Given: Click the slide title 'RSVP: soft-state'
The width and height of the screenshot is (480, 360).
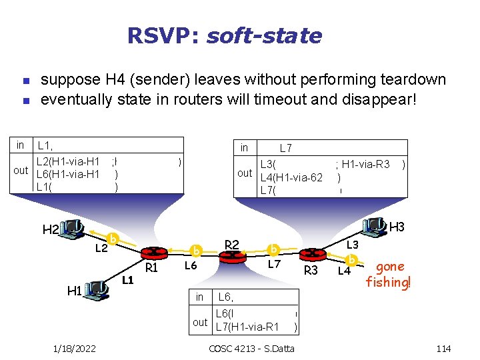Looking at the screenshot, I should (x=225, y=35).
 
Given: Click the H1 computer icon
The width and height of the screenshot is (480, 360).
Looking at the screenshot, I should (x=97, y=289).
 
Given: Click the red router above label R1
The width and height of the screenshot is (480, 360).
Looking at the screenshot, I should (x=150, y=253).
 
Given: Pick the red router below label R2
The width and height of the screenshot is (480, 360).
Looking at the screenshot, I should (x=233, y=257).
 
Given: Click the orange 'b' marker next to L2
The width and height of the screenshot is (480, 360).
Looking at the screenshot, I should (x=113, y=239).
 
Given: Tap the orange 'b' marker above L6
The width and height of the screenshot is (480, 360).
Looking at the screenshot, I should (x=196, y=251).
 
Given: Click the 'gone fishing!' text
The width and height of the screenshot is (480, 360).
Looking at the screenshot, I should (x=389, y=274).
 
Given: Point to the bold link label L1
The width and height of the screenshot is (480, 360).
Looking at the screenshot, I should (x=128, y=279).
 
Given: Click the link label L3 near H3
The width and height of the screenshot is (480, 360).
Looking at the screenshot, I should (x=351, y=245).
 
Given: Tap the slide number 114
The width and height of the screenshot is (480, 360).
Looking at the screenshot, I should (x=443, y=349).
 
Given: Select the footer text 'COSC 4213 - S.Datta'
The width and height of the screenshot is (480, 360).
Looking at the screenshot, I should (x=251, y=349).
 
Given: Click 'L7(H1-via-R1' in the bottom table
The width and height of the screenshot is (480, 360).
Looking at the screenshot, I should (x=247, y=327).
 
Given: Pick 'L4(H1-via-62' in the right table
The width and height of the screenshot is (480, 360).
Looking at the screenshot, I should (x=291, y=177).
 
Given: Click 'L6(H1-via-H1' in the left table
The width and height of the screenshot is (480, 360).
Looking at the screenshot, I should (x=68, y=175).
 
